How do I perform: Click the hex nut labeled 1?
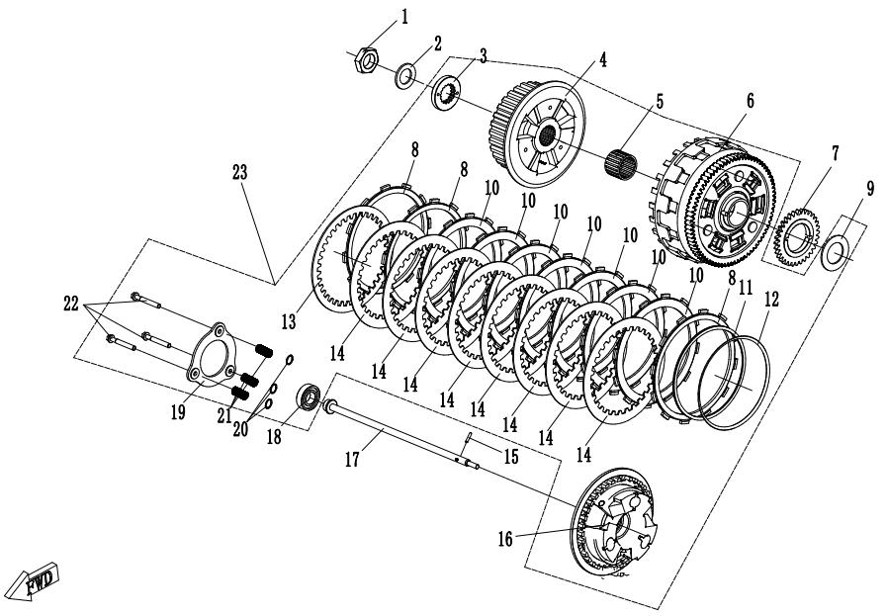(367, 61)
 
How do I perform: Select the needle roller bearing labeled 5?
(621, 162)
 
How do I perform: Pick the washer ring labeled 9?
(837, 250)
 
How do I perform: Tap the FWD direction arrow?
(37, 580)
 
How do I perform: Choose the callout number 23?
(240, 172)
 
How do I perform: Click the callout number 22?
(71, 304)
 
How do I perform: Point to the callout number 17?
(352, 460)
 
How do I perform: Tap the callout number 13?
(289, 322)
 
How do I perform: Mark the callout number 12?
(771, 299)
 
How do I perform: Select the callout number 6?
(751, 101)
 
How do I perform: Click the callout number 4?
(603, 59)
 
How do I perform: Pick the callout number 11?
(747, 287)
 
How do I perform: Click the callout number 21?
(224, 416)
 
